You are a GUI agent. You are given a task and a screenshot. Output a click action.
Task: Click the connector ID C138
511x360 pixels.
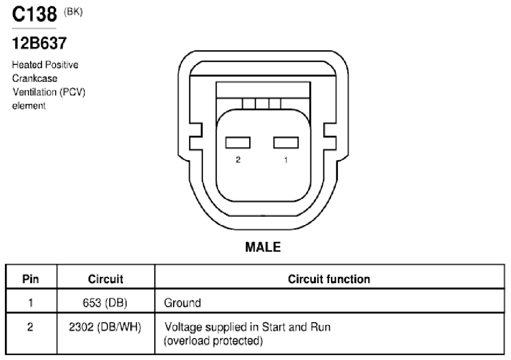pos(34,15)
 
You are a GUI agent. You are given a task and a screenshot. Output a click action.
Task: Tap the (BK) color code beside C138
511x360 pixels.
pos(74,12)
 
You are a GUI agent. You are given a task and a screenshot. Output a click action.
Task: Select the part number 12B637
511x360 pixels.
pos(39,43)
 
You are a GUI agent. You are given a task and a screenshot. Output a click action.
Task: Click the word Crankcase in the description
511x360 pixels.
pos(35,78)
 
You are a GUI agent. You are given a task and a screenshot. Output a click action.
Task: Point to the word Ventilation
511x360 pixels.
pos(35,92)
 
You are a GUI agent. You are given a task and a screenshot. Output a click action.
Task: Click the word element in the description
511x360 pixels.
pos(29,106)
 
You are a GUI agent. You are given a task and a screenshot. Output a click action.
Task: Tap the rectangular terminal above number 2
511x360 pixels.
pos(238,143)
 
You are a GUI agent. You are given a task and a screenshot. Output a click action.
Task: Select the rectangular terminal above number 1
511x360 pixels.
pos(286,143)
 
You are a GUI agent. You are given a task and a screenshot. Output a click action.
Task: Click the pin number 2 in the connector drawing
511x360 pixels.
pos(238,159)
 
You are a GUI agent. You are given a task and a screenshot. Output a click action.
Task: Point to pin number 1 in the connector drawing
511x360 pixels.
pos(286,160)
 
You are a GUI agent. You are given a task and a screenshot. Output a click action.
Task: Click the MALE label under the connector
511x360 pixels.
pos(263,247)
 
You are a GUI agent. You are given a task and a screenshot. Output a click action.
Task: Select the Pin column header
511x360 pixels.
pos(31,279)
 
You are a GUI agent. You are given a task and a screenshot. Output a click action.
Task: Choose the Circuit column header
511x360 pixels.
pos(105,279)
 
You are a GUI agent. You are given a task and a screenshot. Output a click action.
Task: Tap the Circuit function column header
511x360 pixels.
pos(329,279)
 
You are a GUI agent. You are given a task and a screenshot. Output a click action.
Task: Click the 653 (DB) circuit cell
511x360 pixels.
pos(105,303)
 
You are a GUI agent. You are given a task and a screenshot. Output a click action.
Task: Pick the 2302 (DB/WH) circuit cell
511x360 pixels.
pos(105,327)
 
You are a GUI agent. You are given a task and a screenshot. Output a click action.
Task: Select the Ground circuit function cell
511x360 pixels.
pos(183,303)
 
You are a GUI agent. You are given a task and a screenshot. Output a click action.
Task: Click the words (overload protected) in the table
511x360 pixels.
pos(214,341)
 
